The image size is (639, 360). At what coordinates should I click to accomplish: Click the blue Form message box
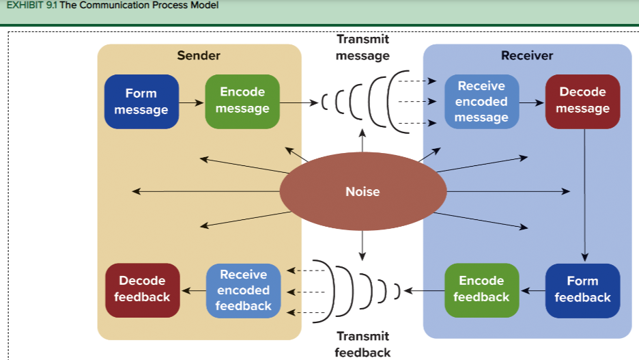pos(141,102)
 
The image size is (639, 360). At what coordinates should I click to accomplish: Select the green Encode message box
pos(242,101)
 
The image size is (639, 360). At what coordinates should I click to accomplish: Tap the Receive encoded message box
pos(481,102)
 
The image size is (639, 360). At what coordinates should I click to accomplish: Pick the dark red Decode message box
pos(582,101)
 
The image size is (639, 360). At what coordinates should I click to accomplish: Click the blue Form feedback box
pos(582,290)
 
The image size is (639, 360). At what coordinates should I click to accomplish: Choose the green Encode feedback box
pos(481,290)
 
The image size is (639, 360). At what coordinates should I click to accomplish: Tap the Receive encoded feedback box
pos(243,290)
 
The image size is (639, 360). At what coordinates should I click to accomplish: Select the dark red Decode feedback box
pos(142,290)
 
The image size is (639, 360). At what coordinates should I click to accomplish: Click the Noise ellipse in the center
pos(363,191)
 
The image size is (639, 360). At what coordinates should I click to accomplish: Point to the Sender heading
pos(199,55)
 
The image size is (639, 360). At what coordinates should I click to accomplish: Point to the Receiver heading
pos(527,55)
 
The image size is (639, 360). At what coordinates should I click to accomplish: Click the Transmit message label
pos(363,47)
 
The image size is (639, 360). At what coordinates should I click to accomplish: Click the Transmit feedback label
pos(363,344)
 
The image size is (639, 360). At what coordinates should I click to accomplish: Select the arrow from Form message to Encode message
pos(192,102)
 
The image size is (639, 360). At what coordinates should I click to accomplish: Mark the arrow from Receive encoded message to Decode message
pos(532,102)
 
